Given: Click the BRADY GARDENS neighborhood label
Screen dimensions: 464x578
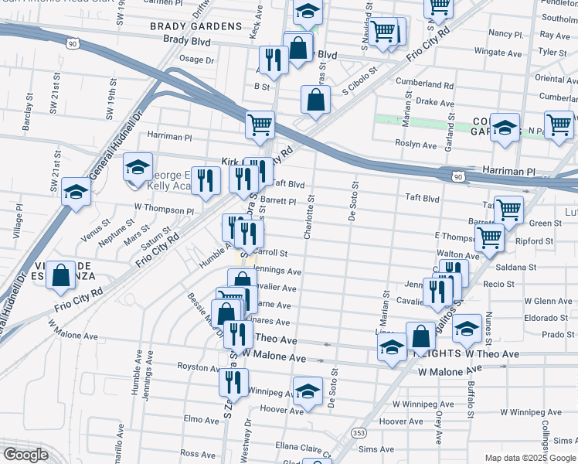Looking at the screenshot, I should tap(195, 26).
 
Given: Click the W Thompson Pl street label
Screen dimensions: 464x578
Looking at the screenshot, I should tap(163, 209).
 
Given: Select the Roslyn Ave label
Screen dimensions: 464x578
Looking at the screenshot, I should tap(416, 144).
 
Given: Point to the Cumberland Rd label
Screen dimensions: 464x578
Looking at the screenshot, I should tap(424, 84).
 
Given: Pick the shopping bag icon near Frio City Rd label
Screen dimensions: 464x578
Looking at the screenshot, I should tap(60, 276).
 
